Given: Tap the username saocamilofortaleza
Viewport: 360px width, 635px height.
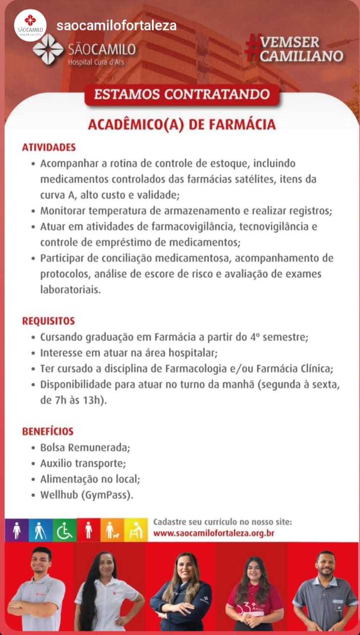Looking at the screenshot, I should coord(116,26).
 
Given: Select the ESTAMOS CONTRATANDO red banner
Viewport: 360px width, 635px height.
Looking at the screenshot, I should coord(182,94).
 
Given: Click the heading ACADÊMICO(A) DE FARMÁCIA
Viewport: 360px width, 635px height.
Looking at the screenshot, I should coord(181,124).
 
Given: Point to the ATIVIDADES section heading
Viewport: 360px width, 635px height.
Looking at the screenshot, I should coord(49,147).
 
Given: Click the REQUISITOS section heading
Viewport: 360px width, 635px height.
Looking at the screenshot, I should coord(48,321).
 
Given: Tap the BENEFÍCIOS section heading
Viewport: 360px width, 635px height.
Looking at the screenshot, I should coord(48,431).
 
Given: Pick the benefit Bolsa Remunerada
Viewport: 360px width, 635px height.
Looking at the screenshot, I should coord(85,447).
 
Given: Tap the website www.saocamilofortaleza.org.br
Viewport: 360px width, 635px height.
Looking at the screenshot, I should coord(214,533).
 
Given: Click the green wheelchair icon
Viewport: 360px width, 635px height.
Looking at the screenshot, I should coord(64,530).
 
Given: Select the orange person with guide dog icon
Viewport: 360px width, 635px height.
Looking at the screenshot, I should coord(112,530).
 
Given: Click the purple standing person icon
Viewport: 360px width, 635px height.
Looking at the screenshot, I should coord(17,530).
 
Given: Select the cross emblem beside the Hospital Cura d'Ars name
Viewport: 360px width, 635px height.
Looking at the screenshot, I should coord(48,50).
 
